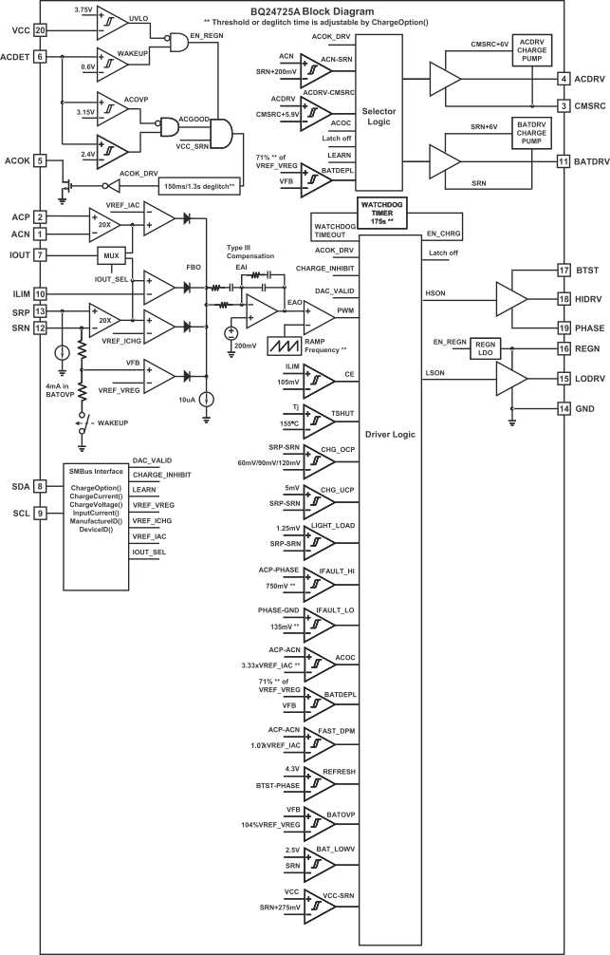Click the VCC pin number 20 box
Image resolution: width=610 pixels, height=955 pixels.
click(40, 30)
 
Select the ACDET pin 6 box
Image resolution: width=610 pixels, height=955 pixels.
click(40, 57)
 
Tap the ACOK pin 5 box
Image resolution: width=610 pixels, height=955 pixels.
click(40, 160)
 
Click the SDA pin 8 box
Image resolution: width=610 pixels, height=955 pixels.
click(40, 486)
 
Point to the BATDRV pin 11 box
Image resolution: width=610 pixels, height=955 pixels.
click(563, 162)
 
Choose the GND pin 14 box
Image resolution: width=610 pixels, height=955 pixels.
click(563, 408)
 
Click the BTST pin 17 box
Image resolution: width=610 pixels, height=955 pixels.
click(563, 270)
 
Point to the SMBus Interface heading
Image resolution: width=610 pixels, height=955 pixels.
click(96, 471)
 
